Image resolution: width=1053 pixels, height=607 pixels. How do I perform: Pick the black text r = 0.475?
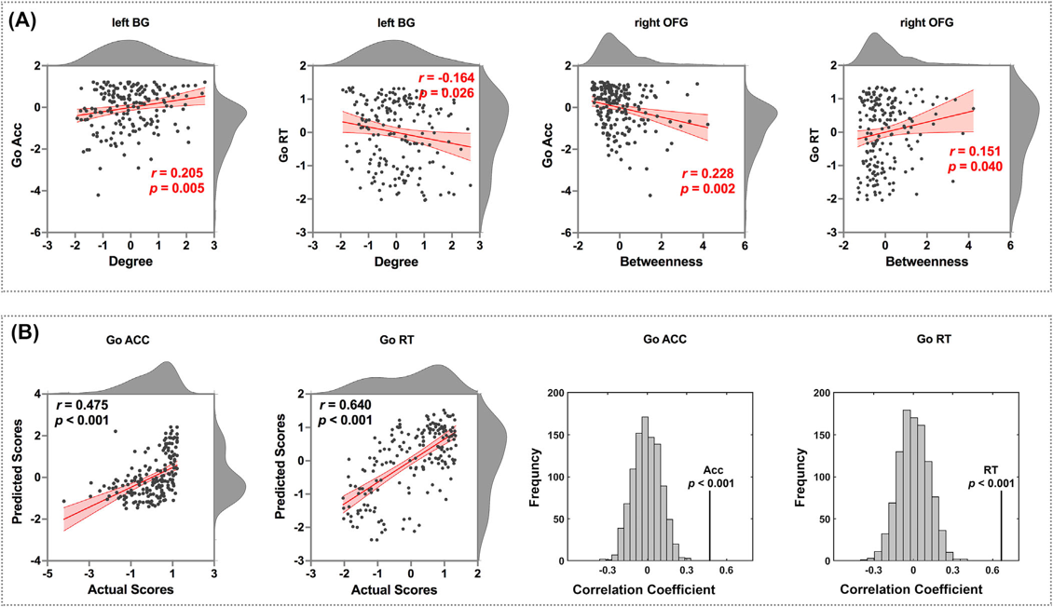pyautogui.click(x=83, y=405)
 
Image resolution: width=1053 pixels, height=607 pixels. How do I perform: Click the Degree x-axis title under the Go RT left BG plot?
pyautogui.click(x=398, y=262)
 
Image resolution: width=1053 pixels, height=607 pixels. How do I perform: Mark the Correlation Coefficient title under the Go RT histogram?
pyautogui.click(x=911, y=590)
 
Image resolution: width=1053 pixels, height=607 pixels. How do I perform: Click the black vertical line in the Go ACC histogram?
pyautogui.click(x=710, y=526)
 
